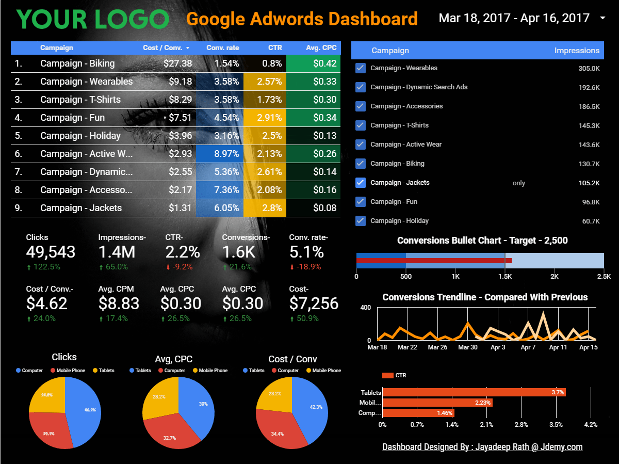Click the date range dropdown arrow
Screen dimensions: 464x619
click(603, 18)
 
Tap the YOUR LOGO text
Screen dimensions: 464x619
click(93, 19)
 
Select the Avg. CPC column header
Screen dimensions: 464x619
click(321, 47)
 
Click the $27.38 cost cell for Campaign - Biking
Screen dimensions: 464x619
click(177, 63)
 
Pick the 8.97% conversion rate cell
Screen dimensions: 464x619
click(226, 154)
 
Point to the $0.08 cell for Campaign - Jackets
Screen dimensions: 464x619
click(324, 208)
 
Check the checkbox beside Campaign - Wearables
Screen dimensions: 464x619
click(361, 68)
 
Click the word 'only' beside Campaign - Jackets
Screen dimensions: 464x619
click(518, 183)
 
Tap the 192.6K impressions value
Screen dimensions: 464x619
click(589, 87)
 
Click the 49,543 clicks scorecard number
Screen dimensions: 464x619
click(51, 252)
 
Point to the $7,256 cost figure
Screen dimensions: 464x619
click(314, 303)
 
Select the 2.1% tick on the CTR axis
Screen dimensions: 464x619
click(486, 425)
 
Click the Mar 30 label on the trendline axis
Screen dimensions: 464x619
click(467, 347)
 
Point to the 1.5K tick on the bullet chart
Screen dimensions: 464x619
click(504, 277)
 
